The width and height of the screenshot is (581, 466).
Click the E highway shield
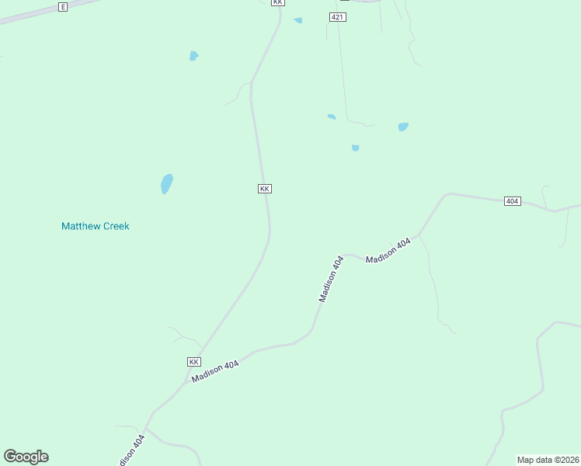63,6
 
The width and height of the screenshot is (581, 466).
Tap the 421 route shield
337,16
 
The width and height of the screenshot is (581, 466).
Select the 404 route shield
511,201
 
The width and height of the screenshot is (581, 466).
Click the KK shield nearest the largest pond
265,189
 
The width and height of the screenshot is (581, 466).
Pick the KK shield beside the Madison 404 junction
194,362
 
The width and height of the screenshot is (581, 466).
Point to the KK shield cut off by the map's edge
278,2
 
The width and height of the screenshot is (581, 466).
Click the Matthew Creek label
95,226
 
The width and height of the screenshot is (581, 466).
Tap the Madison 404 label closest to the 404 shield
388,251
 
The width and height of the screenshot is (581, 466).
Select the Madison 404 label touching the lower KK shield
216,371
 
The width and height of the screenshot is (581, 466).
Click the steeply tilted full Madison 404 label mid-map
331,279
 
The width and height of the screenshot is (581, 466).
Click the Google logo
26,457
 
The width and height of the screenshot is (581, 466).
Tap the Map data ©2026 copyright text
548,460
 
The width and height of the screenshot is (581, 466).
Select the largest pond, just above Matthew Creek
166,184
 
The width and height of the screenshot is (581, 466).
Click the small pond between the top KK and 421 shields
298,20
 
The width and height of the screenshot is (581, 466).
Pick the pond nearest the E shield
193,56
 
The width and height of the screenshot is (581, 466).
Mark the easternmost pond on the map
403,127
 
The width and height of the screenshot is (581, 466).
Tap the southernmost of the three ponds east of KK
355,148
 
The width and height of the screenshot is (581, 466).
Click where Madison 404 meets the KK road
204,351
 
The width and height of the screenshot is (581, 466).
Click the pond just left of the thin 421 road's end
332,116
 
